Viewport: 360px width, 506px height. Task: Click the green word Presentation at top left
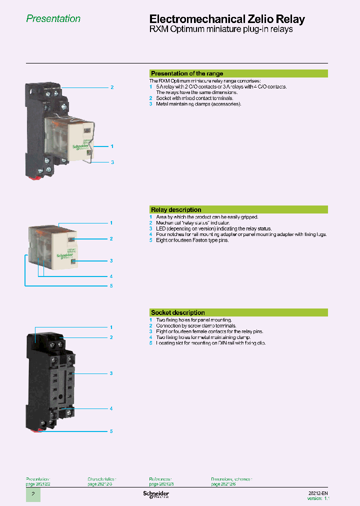53,19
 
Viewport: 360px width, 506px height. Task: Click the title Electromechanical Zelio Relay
227,19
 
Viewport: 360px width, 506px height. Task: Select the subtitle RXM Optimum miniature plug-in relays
221,29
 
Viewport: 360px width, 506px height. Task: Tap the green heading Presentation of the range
187,73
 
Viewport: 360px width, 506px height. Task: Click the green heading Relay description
176,209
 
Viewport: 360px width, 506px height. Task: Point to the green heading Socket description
178,312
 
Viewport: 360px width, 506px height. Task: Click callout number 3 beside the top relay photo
112,162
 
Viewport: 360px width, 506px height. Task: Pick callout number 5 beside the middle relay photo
111,285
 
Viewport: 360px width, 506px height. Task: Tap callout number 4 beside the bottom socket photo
111,408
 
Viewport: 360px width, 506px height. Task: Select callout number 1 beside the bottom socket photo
111,327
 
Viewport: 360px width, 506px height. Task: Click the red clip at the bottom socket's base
38,430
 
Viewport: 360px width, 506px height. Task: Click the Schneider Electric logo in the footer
156,494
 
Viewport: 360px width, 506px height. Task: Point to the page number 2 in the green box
33,494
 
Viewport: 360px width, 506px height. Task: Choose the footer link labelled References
160,479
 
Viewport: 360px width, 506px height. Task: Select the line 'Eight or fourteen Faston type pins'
192,240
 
